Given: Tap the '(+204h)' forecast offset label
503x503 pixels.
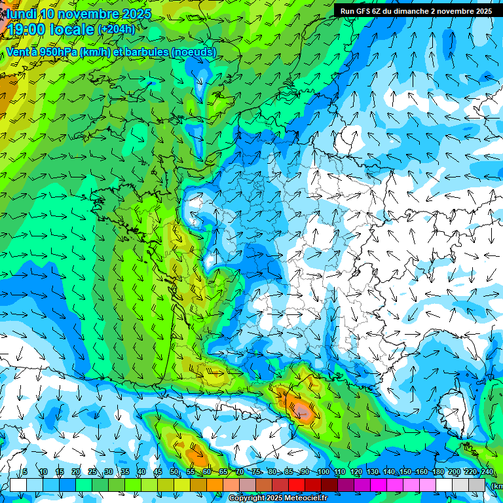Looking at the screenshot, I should pyautogui.click(x=117, y=29).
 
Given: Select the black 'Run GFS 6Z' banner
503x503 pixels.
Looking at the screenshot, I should pyautogui.click(x=417, y=11).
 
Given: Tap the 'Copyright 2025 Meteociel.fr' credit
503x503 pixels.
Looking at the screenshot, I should pyautogui.click(x=278, y=498).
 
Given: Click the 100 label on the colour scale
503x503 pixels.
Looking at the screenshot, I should pyautogui.click(x=323, y=472).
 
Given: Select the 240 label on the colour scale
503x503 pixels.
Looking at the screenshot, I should pyautogui.click(x=487, y=472).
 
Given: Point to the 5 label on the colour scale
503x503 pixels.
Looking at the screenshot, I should pyautogui.click(x=25, y=472).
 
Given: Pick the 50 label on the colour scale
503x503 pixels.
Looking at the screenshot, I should pyautogui.click(x=174, y=472).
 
